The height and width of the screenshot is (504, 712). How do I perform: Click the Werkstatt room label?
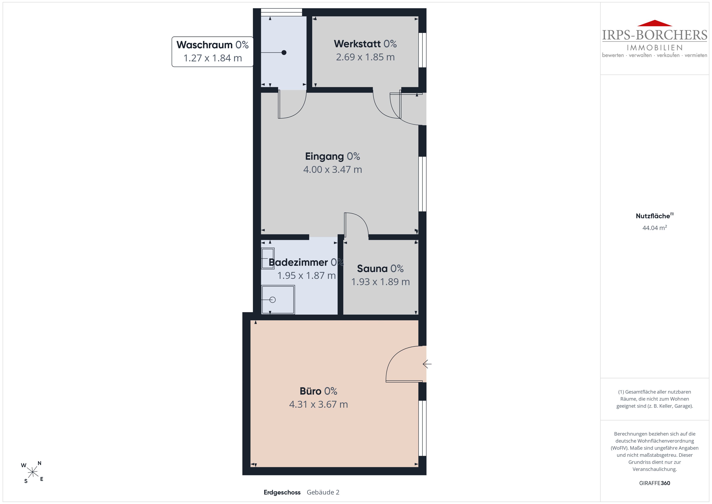point(365,44)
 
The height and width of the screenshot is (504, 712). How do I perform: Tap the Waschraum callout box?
point(213,51)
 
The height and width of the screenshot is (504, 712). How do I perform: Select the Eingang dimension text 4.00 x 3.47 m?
point(332,169)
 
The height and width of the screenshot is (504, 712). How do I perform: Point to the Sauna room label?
point(380,268)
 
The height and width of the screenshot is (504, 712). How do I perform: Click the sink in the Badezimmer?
point(268,258)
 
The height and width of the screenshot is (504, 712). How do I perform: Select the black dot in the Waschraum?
point(284,52)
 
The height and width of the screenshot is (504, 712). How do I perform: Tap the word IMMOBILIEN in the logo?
point(655,47)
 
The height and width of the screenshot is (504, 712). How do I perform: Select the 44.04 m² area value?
point(655,228)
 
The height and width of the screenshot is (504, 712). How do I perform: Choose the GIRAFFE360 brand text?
point(655,483)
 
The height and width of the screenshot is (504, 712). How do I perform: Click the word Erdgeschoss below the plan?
point(282,492)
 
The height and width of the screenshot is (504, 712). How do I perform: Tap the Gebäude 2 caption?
point(323,492)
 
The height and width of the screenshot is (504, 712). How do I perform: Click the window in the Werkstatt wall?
point(422,50)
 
